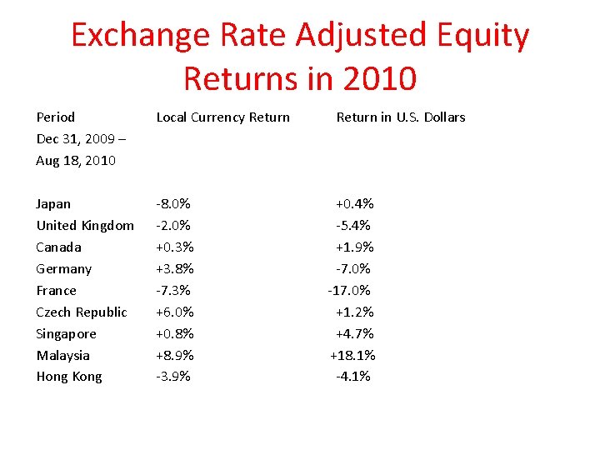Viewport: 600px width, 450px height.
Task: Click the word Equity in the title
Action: point(481,35)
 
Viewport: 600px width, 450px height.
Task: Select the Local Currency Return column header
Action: point(223,117)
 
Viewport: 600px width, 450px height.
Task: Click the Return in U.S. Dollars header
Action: point(401,117)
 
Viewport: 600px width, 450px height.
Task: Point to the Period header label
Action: point(55,117)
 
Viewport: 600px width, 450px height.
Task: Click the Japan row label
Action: point(53,204)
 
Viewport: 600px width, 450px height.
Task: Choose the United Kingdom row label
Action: point(85,226)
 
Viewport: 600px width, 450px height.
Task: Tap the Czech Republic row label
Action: point(82,312)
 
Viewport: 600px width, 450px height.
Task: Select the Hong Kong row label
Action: point(69,377)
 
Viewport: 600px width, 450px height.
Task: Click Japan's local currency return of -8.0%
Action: point(174,204)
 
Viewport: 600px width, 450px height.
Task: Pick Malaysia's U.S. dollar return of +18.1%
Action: point(352,356)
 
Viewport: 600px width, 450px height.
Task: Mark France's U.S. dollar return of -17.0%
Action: point(349,291)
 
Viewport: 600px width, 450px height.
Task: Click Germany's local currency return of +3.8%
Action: point(175,269)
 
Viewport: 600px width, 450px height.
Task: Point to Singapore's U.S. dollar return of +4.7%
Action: point(354,334)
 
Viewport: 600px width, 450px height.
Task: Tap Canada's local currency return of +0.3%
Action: point(175,247)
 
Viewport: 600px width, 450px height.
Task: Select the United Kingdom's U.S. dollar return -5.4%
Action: point(354,226)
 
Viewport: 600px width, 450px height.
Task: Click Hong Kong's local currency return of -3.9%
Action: point(173,377)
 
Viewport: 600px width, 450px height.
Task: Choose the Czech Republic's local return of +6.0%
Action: point(175,312)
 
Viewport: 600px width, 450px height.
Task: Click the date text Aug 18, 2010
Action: point(76,161)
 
